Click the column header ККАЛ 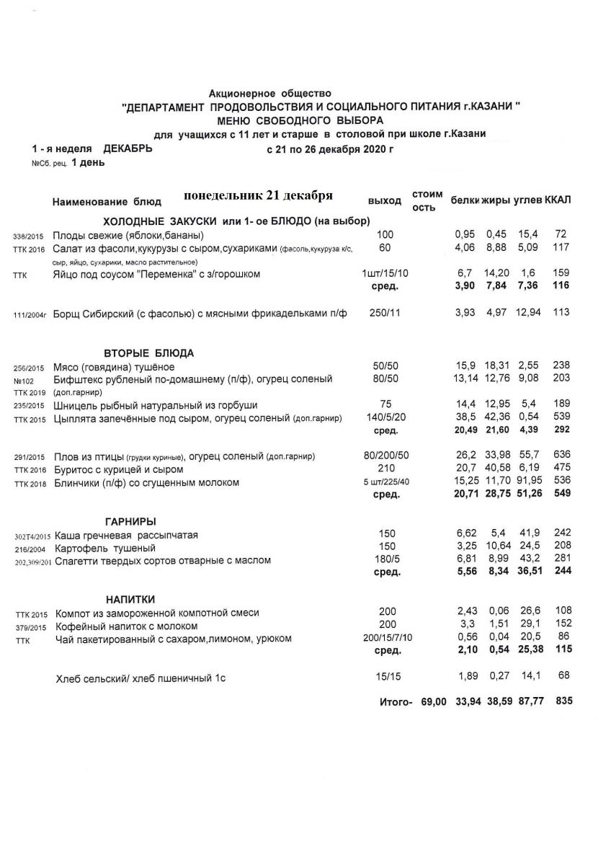[559, 200]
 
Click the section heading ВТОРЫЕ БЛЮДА [150, 353]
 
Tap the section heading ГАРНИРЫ [130, 521]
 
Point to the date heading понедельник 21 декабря [257, 196]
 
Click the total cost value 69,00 [434, 701]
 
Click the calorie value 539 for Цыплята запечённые [562, 418]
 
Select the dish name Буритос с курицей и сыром [119, 469]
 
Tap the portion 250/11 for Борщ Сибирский [387, 312]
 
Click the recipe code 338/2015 [28, 236]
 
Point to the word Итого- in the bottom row [396, 701]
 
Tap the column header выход [383, 200]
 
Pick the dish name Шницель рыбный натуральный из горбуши [155, 405]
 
